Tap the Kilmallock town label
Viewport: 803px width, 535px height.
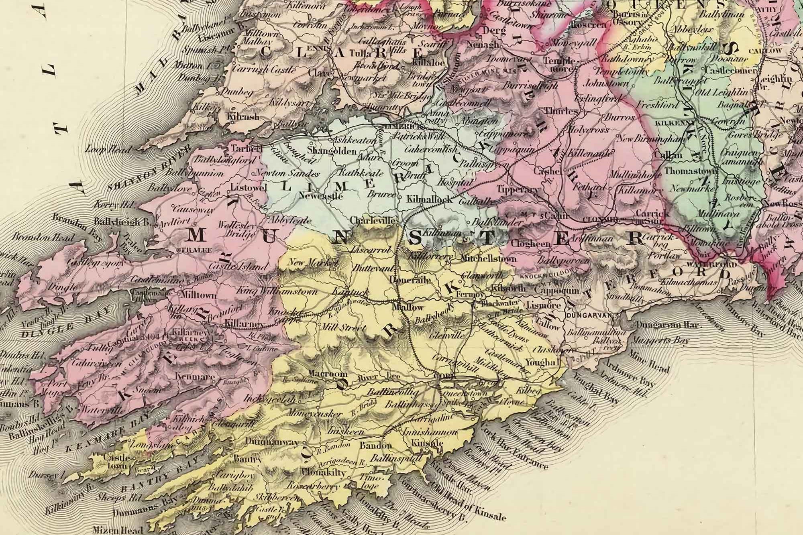pos(429,199)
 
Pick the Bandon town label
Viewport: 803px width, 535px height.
pos(375,445)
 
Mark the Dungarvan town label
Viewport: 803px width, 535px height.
pos(589,315)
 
